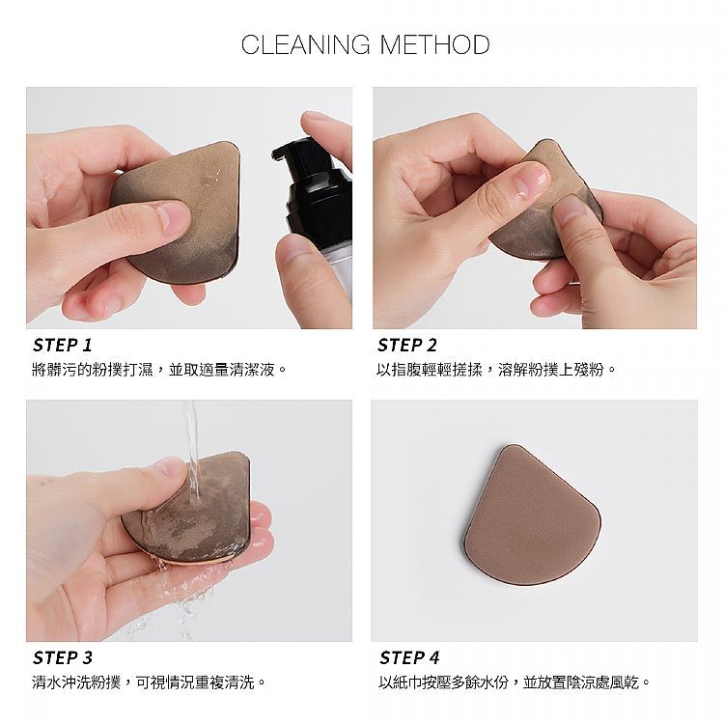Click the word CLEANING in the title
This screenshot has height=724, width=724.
306,44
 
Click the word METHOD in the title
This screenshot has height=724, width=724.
435,44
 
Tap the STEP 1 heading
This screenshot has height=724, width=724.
63,345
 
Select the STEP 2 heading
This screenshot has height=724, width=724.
406,345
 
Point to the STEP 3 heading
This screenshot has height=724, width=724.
63,657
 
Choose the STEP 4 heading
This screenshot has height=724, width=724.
409,657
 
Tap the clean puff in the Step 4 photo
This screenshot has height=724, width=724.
532,515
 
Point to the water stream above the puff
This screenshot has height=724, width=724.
192,448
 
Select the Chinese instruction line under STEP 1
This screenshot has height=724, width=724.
159,370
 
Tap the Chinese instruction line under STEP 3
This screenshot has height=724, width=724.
149,682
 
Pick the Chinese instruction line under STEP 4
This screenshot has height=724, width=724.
514,682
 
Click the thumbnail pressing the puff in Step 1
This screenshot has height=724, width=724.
172,216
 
